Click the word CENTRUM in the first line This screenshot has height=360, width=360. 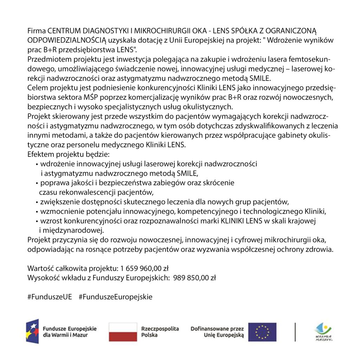pyautogui.click(x=63, y=31)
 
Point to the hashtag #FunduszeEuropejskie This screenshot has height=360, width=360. pyautogui.click(x=116, y=297)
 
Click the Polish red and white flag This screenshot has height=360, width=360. pyautogui.click(x=123, y=332)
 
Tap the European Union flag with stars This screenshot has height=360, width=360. pyautogui.click(x=262, y=332)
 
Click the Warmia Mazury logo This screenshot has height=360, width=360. pyautogui.click(x=323, y=332)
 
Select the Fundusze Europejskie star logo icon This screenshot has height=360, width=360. pyautogui.click(x=32, y=332)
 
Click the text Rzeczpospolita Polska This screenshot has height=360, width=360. pyautogui.click(x=160, y=332)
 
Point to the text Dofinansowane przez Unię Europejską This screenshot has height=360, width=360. pyautogui.click(x=217, y=332)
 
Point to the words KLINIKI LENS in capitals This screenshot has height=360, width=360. pyautogui.click(x=242, y=221)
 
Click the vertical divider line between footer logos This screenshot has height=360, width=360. pyautogui.click(x=295, y=332)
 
